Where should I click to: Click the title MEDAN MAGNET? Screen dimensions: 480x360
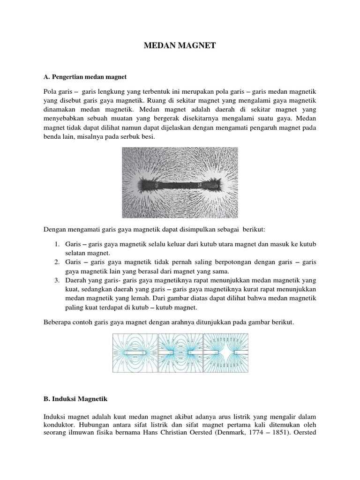[180, 45]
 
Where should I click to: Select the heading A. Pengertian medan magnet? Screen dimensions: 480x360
[85, 75]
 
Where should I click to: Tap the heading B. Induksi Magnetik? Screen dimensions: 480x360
[75, 398]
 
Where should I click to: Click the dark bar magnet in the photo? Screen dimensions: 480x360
[180, 183]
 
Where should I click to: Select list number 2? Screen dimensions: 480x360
[55, 262]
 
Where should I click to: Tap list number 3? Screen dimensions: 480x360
[55, 280]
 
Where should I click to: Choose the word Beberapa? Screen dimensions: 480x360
[58, 323]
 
